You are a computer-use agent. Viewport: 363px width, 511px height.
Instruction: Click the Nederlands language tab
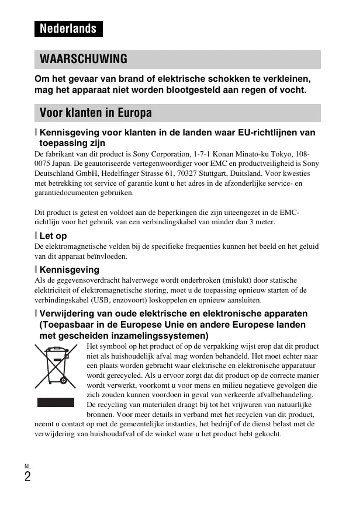(x=68, y=29)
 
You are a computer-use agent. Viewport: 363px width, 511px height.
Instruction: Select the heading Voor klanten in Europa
(x=95, y=112)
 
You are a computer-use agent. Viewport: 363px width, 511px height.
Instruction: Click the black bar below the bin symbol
(x=56, y=402)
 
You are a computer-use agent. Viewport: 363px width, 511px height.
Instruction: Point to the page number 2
(x=27, y=477)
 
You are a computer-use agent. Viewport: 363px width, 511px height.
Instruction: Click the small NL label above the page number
(x=27, y=465)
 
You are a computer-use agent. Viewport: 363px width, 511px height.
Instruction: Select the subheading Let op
(x=53, y=235)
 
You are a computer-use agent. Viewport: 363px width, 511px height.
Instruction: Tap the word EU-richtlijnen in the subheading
(x=262, y=133)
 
